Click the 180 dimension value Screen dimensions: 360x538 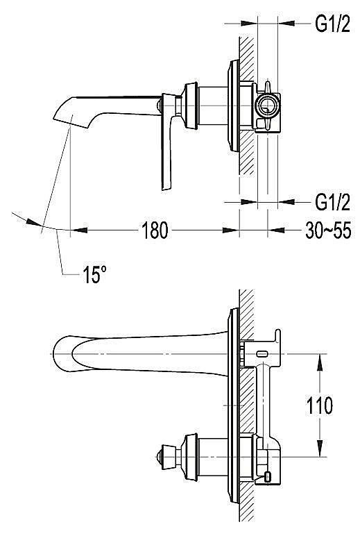[x=155, y=230]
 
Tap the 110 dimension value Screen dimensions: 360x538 [x=319, y=406]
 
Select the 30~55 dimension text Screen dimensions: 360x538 [x=329, y=230]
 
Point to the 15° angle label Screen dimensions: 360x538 [x=94, y=275]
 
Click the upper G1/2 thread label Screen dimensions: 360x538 [x=332, y=24]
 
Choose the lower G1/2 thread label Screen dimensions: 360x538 [x=332, y=203]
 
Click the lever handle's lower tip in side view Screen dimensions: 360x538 [x=166, y=188]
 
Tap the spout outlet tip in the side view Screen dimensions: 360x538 [x=70, y=122]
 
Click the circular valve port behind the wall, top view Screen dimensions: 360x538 [x=267, y=106]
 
